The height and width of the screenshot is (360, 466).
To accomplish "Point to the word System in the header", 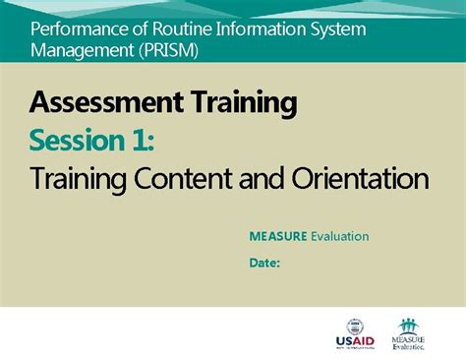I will (337, 28).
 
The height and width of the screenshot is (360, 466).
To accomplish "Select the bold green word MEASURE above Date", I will (277, 236).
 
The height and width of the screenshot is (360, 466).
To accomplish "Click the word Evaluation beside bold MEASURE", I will (339, 236).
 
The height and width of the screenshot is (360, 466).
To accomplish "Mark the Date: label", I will (264, 263).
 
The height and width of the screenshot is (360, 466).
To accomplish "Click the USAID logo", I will (355, 334).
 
